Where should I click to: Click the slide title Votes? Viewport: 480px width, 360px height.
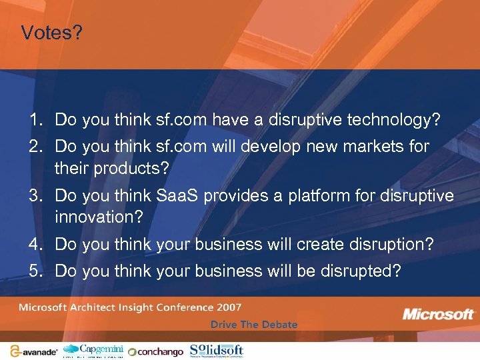pyautogui.click(x=52, y=33)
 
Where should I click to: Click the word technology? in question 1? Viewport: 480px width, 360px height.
pyautogui.click(x=394, y=120)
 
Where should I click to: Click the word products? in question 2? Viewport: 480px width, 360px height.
pyautogui.click(x=136, y=168)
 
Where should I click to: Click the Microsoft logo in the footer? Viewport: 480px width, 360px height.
pyautogui.click(x=439, y=313)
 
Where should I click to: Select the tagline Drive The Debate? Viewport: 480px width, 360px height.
pyautogui.click(x=254, y=325)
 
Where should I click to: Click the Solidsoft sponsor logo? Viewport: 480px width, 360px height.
pyautogui.click(x=217, y=349)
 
